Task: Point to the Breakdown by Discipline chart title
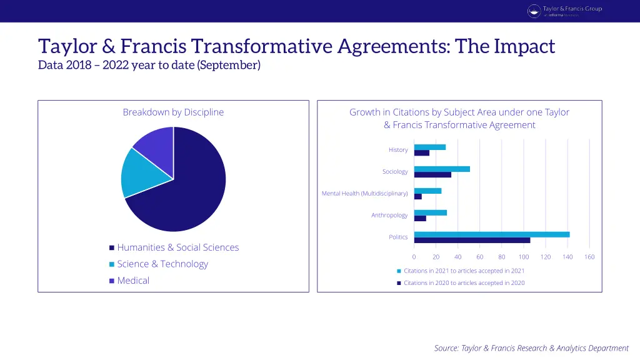click(173, 112)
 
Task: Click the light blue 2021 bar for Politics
click(491, 234)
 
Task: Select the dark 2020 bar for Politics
click(472, 240)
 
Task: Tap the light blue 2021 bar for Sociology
click(441, 169)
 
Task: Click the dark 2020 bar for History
click(421, 153)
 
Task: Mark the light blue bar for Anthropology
click(430, 212)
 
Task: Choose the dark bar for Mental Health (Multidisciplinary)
click(417, 197)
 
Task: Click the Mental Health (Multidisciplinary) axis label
click(364, 194)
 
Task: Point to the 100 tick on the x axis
click(523, 257)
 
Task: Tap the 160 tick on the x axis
click(589, 257)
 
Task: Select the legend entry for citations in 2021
click(461, 271)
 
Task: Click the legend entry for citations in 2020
click(461, 283)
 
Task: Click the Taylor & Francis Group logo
click(565, 11)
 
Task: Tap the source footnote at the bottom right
click(531, 348)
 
